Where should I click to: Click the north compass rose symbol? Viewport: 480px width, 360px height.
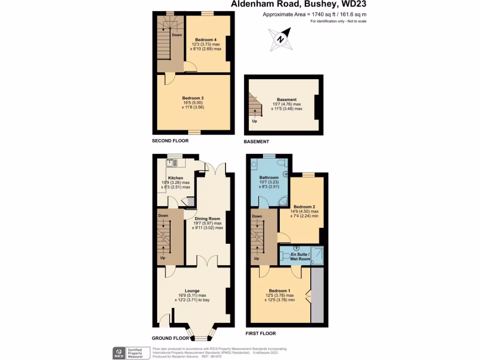tap(280, 39)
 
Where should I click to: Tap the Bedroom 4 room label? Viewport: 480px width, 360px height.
tap(206, 39)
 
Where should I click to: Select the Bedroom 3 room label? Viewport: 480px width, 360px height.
tap(193, 98)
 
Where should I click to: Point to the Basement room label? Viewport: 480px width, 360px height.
tap(286, 99)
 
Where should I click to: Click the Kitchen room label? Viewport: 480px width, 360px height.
tap(175, 178)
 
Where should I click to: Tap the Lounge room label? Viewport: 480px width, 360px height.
tap(192, 291)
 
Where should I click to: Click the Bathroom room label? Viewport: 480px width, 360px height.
tap(269, 178)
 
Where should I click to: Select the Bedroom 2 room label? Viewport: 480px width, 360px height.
tap(304, 207)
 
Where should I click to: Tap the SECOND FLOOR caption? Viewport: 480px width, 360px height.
tap(170, 141)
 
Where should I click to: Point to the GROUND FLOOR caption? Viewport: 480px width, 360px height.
tap(171, 338)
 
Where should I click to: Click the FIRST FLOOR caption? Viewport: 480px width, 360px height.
tap(261, 333)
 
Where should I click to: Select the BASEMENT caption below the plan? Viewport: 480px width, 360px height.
tap(256, 142)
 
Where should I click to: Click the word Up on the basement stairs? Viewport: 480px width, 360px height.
tap(255, 121)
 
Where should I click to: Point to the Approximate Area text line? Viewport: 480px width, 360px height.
tap(315, 15)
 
